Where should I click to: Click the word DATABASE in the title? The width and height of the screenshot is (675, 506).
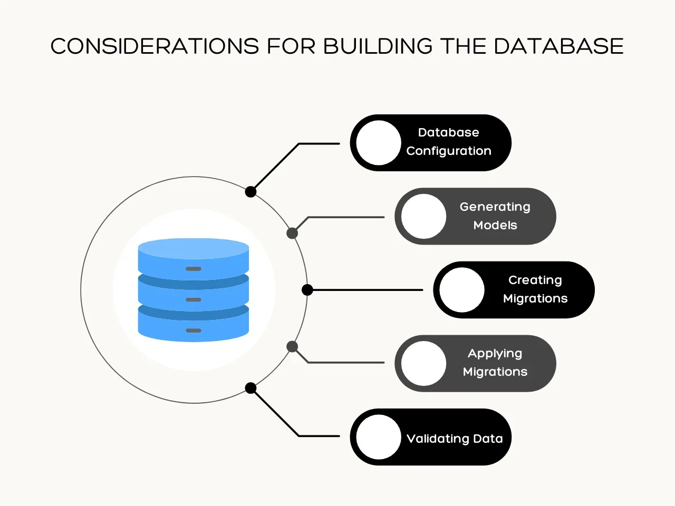tap(558, 46)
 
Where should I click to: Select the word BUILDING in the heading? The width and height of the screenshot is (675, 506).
tap(378, 46)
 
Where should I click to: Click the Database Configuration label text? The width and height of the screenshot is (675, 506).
tap(449, 142)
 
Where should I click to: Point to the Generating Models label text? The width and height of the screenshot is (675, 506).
tap(495, 216)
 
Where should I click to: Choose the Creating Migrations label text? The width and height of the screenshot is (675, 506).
tap(535, 289)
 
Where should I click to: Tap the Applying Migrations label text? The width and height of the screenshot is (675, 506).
tap(495, 363)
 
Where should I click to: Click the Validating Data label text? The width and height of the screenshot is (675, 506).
tap(455, 439)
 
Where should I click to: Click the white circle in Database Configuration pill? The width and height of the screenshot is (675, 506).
tap(379, 143)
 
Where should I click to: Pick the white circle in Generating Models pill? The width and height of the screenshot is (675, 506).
tap(423, 216)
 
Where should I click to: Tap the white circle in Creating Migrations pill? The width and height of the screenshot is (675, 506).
tap(462, 290)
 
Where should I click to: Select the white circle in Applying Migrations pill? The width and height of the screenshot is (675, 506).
tap(423, 363)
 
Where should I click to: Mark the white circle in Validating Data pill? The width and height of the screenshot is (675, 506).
tap(379, 437)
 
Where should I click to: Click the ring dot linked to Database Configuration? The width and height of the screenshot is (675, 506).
tap(251, 192)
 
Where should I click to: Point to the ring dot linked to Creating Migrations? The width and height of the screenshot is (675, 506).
tap(307, 290)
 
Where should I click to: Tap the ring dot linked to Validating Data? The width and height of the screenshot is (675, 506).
tap(251, 388)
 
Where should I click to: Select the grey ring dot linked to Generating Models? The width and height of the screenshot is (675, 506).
tap(292, 233)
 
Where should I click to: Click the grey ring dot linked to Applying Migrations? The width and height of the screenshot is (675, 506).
tap(292, 347)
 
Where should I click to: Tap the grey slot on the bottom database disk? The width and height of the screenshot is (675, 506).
tap(194, 330)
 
